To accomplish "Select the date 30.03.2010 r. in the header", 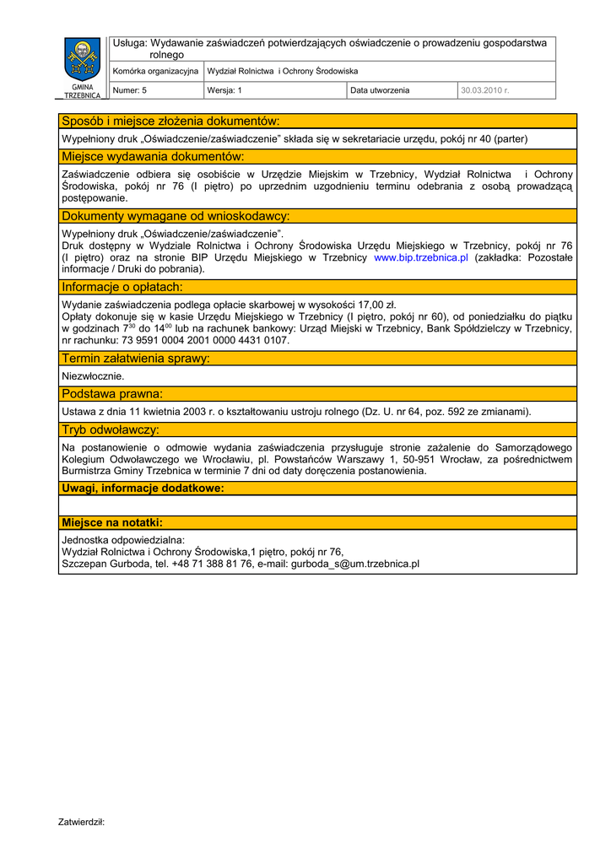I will [x=484, y=90].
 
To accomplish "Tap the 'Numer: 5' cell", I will [x=130, y=90].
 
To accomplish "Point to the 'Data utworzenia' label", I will [x=380, y=90].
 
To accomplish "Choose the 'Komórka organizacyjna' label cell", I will [x=155, y=72].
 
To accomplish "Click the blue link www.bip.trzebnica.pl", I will [x=420, y=257].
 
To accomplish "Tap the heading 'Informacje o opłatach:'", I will [x=122, y=287].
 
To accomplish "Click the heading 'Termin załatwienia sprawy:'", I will [x=136, y=359].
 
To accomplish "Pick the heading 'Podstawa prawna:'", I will [x=112, y=394].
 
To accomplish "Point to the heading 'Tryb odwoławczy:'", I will [x=111, y=430].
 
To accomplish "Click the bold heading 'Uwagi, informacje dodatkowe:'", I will [x=143, y=488].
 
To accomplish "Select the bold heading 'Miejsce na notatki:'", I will [x=112, y=522].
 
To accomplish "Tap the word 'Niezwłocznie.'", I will [x=94, y=375].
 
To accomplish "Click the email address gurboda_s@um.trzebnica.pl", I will [x=355, y=564].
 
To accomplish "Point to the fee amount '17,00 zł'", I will [x=377, y=305].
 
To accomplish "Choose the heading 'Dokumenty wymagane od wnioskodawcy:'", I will [x=176, y=216].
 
